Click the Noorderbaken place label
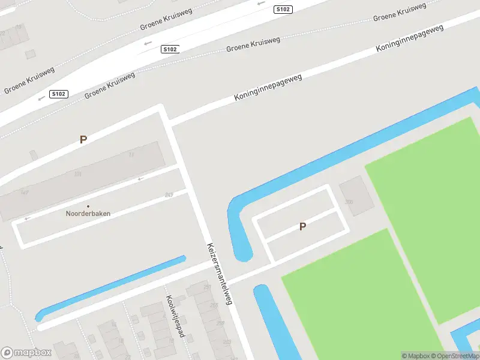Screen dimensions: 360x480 [x=88, y=213]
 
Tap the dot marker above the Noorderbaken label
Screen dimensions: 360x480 [x=88, y=206]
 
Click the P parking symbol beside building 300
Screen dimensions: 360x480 [x=303, y=226]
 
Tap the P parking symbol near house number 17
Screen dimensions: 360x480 [x=83, y=139]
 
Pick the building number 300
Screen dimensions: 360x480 [x=349, y=202]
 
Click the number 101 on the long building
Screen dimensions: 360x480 [x=77, y=175]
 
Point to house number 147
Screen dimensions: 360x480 [x=25, y=192]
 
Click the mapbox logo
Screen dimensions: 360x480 [x=26, y=352]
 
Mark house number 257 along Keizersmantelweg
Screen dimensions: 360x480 [x=208, y=288]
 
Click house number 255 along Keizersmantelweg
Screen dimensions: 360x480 [x=214, y=305]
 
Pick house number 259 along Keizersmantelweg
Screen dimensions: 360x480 [x=220, y=324]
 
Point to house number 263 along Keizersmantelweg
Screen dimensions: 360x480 [x=227, y=342]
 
